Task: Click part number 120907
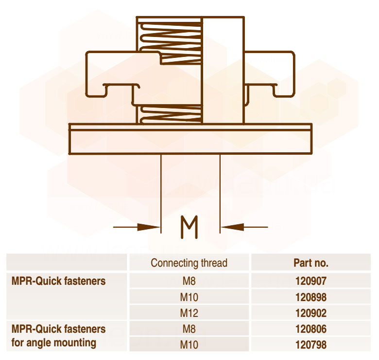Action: [x=311, y=281]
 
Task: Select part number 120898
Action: [x=311, y=297]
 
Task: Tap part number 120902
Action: [x=311, y=313]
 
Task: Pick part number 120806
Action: [x=311, y=329]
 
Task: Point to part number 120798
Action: [x=311, y=345]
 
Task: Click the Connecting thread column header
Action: [x=189, y=263]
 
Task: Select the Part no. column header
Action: [x=311, y=263]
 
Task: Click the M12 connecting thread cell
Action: [x=189, y=313]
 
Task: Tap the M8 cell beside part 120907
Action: [x=189, y=281]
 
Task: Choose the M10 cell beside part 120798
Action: [x=189, y=345]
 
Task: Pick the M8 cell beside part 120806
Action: [x=189, y=329]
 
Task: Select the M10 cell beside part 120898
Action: [x=189, y=297]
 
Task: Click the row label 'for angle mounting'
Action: [x=53, y=343]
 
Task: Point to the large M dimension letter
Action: [x=189, y=227]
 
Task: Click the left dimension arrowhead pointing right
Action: [x=148, y=227]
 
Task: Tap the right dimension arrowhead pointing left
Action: [x=232, y=227]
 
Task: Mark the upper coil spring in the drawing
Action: [x=171, y=43]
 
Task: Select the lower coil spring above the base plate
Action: [x=171, y=114]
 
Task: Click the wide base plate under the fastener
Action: [x=190, y=139]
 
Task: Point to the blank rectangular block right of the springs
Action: [x=223, y=70]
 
